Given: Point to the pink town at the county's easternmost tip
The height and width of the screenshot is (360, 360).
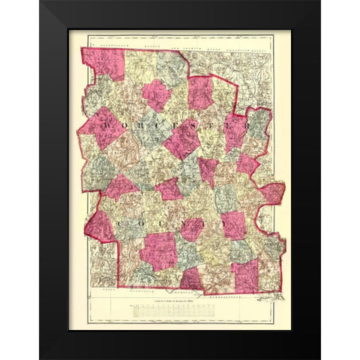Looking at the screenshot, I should (x=272, y=193).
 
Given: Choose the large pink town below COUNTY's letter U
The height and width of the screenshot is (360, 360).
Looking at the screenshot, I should (x=158, y=250).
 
